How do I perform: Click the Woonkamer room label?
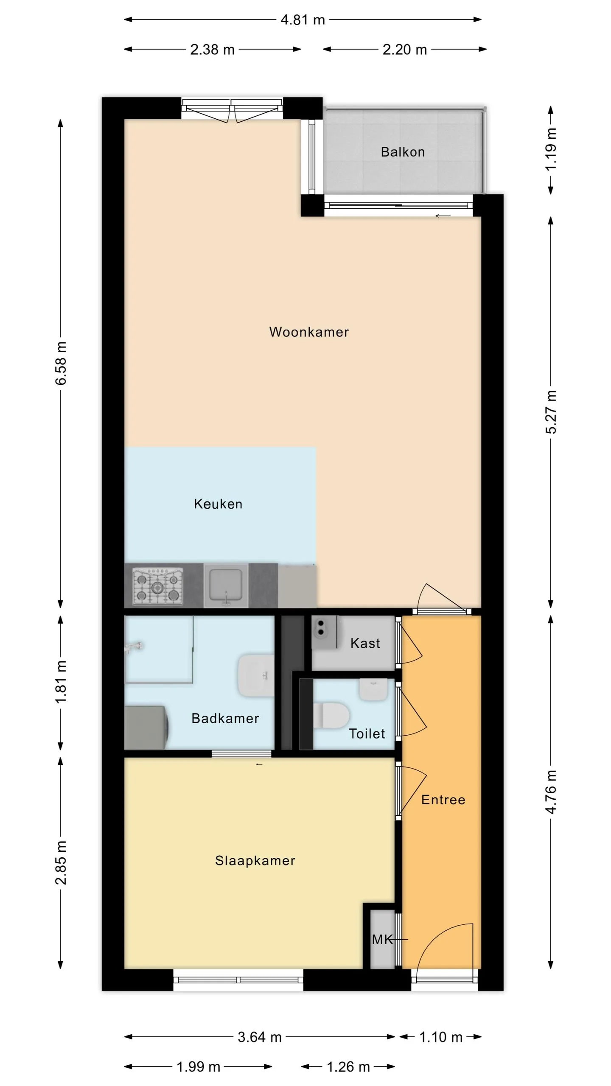309,332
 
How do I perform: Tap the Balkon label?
403,152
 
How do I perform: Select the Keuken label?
218,504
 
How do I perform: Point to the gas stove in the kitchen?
158,586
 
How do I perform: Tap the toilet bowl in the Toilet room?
331,715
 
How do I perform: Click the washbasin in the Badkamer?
255,676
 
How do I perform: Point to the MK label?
382,940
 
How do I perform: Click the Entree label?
443,800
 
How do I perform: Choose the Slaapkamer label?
255,860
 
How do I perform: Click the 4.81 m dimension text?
303,20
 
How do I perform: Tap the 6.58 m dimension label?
61,363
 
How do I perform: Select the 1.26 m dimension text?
348,1067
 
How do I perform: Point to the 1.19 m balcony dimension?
551,149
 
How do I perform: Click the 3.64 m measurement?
260,1037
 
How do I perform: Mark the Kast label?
365,643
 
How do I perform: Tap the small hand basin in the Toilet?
374,689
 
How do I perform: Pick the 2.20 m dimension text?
404,50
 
